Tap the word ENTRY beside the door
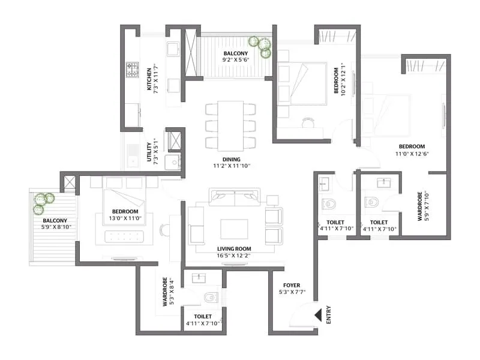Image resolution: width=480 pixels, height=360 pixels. tap(328, 316)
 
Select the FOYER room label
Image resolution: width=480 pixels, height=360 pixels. tap(290, 286)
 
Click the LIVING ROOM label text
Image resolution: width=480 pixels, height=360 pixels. tap(234, 248)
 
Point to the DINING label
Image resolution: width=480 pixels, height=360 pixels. tap(230, 160)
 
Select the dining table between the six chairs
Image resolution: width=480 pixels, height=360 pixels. tap(230, 125)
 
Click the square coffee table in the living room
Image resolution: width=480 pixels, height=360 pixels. tap(233, 229)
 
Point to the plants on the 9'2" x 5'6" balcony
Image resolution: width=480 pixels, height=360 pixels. tap(260, 46)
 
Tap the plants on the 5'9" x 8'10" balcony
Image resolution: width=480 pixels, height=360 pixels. tap(43, 202)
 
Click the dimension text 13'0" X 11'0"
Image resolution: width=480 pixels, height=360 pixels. tap(125, 219)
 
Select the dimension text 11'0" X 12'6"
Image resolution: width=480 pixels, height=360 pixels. tap(412, 154)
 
